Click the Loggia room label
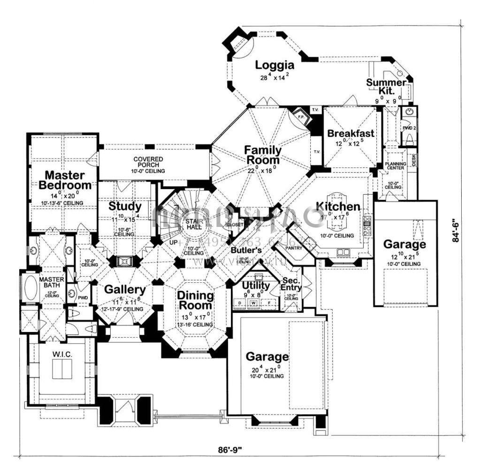click(x=275, y=65)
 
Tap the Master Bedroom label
click(x=65, y=181)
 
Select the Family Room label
click(x=263, y=155)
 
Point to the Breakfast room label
click(x=351, y=133)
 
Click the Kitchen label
click(x=338, y=206)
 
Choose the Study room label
click(x=125, y=206)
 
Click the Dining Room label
click(x=195, y=301)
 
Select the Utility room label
click(x=256, y=286)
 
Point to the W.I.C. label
click(x=62, y=355)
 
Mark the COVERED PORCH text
click(x=148, y=162)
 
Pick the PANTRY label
click(x=294, y=247)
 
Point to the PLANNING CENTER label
click(x=396, y=166)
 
